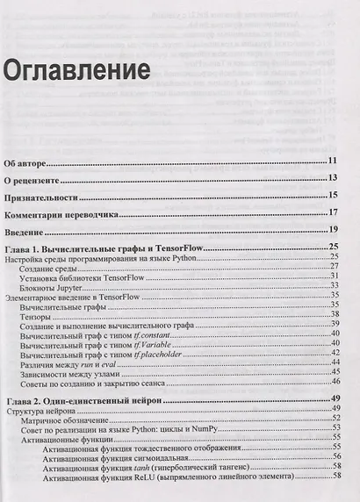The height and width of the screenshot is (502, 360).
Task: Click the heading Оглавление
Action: click(72, 68)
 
